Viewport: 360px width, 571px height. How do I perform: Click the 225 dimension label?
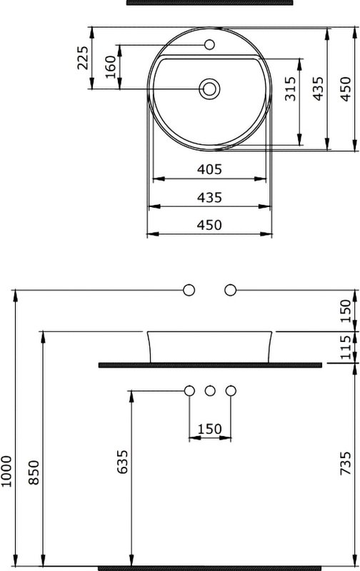tap(83, 58)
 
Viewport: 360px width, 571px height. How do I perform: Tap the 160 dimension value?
tap(111, 67)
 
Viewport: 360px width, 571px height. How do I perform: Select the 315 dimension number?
tap(291, 89)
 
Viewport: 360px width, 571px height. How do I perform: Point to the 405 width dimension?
tap(209, 169)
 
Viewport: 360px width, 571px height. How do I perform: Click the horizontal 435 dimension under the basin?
tap(209, 198)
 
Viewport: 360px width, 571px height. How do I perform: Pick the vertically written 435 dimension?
tap(318, 89)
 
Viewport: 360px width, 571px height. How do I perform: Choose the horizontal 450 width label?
tap(209, 225)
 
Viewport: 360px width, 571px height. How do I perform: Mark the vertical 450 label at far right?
tap(346, 89)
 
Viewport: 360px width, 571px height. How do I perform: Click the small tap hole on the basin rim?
tap(209, 45)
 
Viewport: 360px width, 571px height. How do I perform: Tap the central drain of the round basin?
tap(209, 89)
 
